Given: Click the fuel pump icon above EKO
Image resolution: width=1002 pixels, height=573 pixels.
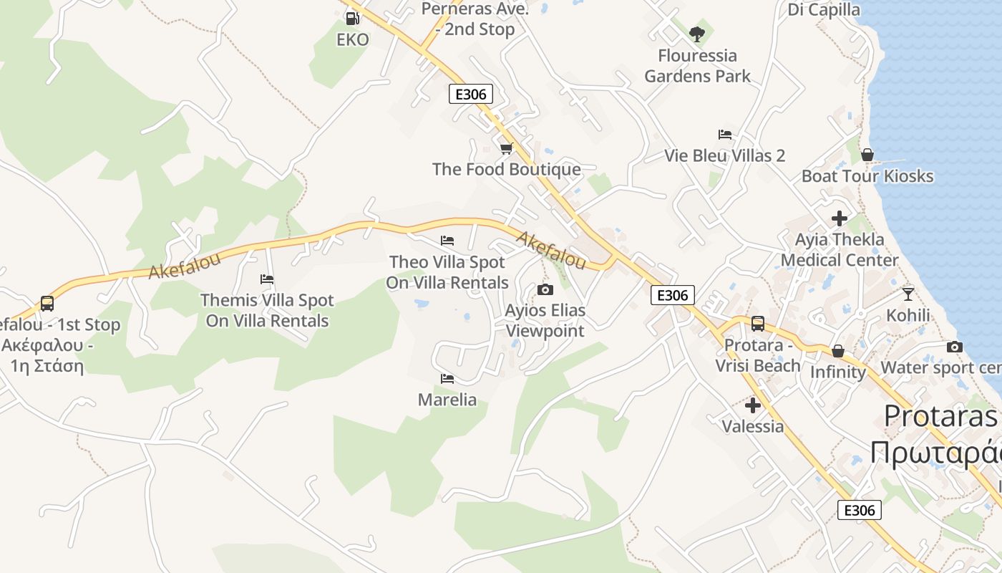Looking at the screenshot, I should click(x=352, y=18).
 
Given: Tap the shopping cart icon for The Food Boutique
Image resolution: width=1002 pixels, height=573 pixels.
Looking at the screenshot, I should click(x=507, y=148).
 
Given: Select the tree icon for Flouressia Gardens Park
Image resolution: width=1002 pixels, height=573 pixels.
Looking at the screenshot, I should click(x=697, y=34).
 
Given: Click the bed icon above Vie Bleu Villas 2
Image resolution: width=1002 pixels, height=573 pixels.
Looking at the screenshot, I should click(x=725, y=134).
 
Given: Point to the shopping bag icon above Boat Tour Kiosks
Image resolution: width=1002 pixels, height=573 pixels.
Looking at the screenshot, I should click(x=867, y=154).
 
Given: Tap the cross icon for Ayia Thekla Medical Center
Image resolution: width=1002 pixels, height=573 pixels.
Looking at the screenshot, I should click(x=840, y=218).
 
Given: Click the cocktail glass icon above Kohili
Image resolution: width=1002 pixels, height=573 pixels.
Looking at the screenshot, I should click(x=908, y=294).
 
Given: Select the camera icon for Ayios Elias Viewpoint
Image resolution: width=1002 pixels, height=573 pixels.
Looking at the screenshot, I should click(x=545, y=289).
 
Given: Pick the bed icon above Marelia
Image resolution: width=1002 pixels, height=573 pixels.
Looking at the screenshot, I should click(x=447, y=378).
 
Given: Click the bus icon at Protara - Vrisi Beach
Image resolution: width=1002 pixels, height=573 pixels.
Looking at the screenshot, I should click(x=758, y=324).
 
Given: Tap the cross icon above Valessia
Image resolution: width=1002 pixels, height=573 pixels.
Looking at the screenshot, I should click(x=753, y=405).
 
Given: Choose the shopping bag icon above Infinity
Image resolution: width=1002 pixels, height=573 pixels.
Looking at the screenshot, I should click(x=838, y=351).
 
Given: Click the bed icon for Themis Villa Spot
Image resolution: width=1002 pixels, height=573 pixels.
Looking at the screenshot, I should click(x=267, y=279).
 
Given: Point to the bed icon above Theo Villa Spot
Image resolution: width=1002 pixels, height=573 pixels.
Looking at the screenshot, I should click(x=447, y=240).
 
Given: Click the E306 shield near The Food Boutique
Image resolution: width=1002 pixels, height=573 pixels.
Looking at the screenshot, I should click(x=471, y=94).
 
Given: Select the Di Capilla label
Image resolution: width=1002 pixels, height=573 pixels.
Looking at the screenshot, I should click(x=824, y=9).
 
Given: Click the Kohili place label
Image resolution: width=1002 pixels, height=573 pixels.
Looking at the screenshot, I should click(x=908, y=315).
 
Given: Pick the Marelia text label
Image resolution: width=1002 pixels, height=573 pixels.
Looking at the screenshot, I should click(x=447, y=400).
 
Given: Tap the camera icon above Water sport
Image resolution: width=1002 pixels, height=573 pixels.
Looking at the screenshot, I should click(x=955, y=347).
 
